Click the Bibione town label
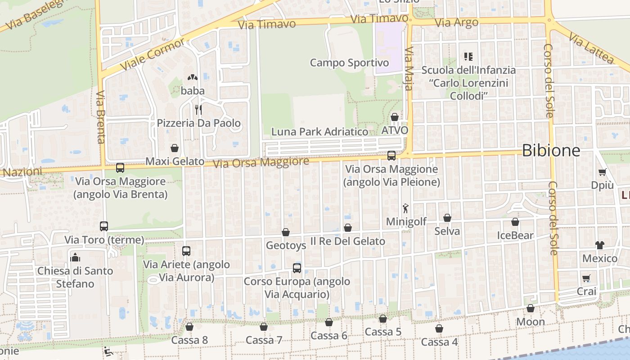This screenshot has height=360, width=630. tap(551, 151)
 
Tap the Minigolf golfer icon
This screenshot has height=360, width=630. tap(406, 208)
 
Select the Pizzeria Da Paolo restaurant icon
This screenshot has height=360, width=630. tap(198, 109)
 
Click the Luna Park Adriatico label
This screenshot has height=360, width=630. tap(319, 132)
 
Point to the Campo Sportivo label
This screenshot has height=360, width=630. tap(349, 63)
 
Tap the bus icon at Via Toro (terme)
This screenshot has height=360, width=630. tap(104, 226)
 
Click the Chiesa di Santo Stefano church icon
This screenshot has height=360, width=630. tap(75, 257)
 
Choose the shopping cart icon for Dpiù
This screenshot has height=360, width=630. tap(602, 172)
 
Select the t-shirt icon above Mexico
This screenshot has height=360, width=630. tap(599, 245)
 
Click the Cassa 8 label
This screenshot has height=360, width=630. tap(189, 340)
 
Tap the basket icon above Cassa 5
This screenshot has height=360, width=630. tap(383, 319)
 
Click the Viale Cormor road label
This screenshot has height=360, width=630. tap(153, 54)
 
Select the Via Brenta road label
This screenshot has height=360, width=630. tap(100, 117)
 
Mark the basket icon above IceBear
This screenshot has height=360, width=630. tap(515, 222)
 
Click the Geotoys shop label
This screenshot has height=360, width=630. tap(286, 246)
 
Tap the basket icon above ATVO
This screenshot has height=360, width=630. tap(395, 117)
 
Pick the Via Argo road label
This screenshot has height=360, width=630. tap(457, 23)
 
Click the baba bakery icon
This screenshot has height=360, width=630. tap(193, 77)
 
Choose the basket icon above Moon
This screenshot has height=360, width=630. tap(531, 308)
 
